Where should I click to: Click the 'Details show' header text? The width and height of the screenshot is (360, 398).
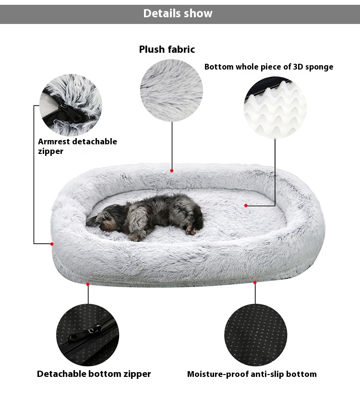tap(178, 13)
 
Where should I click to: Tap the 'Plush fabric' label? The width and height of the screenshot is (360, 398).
tap(167, 49)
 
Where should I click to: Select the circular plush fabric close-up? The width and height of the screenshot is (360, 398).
tap(171, 91)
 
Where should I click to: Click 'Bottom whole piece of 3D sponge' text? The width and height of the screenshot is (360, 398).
tap(268, 67)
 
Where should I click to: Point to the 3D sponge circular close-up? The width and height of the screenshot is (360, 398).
tap(275, 107)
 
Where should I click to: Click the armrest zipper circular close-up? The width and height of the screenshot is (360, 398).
tap(71, 105)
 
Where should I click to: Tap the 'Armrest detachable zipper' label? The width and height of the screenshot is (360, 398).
tap(77, 146)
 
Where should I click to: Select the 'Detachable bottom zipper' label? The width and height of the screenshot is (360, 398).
tap(94, 374)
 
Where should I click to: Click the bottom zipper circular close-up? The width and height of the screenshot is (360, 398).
tap(88, 335)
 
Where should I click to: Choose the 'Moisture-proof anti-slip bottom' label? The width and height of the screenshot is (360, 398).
tap(252, 374)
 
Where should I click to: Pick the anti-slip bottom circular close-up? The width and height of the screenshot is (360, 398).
tap(255, 335)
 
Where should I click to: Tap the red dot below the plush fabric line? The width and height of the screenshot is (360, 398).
tap(171, 170)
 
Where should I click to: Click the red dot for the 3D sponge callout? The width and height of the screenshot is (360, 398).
tap(246, 206)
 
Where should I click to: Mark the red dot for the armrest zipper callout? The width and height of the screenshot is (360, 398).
tap(52, 244)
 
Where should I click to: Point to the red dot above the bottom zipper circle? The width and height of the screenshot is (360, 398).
tap(88, 284)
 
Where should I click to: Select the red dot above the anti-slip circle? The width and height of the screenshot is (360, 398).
tap(255, 282)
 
